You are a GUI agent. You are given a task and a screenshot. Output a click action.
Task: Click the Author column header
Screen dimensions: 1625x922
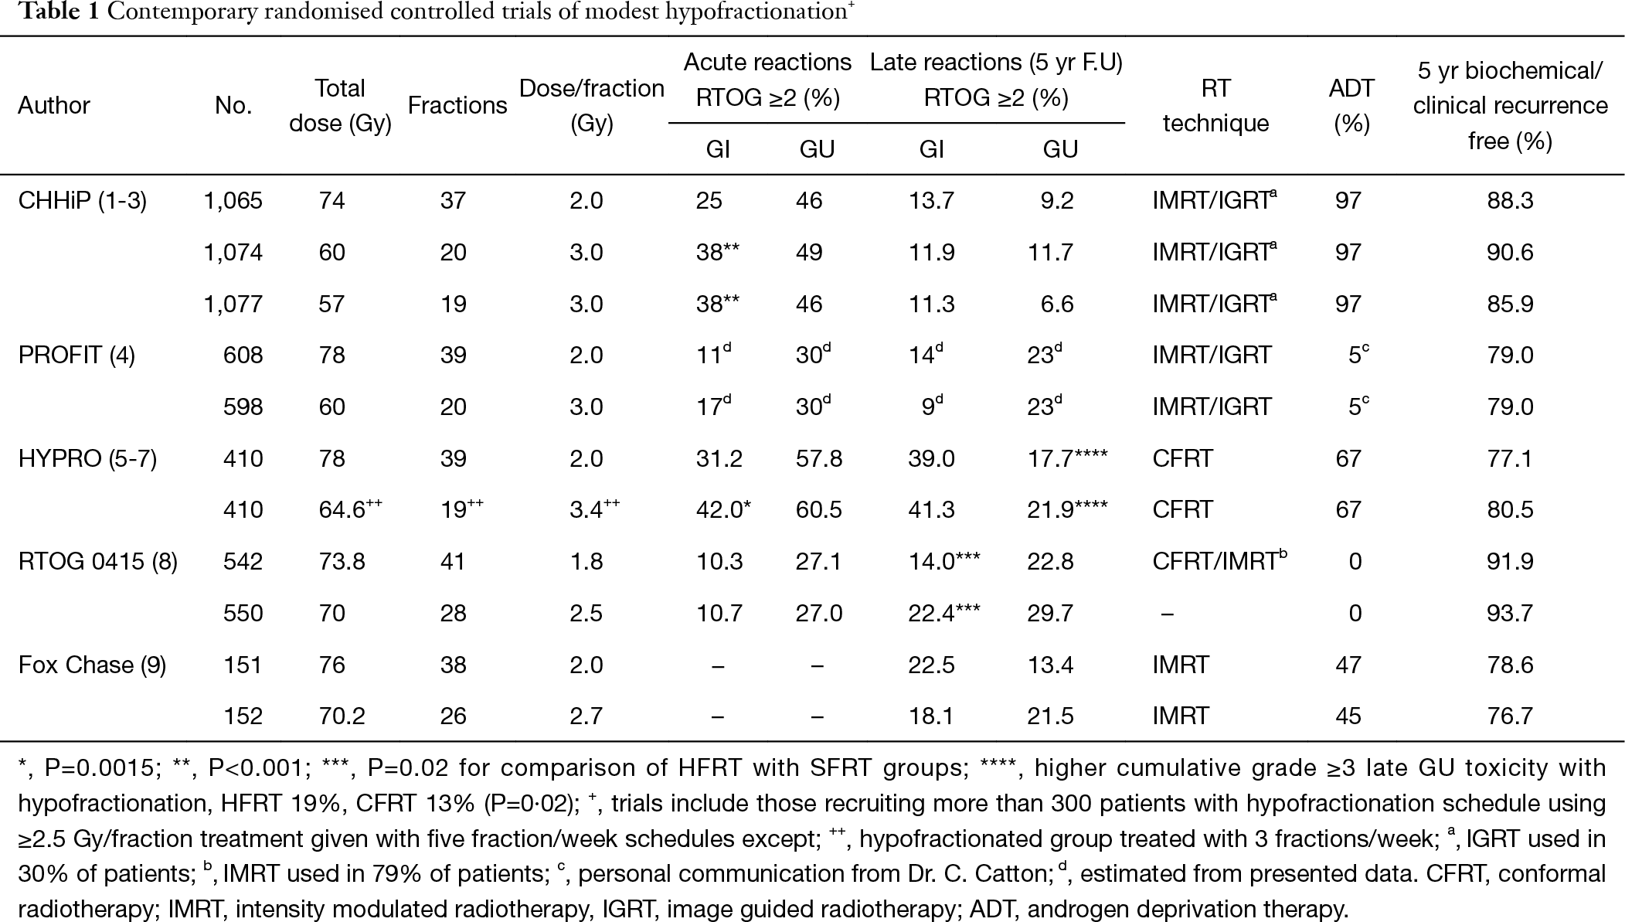(54, 105)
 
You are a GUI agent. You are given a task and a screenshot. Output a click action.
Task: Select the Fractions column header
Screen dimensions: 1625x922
(457, 105)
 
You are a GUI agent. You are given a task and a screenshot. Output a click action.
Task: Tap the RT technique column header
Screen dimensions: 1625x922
(1215, 106)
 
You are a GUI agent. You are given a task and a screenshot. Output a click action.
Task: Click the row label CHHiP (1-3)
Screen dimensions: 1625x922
(83, 201)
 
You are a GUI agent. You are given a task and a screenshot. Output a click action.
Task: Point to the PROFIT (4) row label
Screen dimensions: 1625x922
(76, 356)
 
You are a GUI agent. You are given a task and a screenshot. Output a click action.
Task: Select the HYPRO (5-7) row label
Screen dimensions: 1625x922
(87, 459)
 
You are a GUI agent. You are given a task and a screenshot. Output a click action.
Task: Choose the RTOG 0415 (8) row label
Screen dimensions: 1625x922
(98, 562)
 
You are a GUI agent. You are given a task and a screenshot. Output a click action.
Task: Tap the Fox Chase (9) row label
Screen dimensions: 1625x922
(93, 665)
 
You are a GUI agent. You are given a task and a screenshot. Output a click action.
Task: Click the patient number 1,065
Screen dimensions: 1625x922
(233, 201)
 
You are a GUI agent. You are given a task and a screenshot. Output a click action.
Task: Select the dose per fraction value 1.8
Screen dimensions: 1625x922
(586, 562)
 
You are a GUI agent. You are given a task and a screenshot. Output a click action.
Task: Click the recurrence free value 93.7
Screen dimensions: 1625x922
(1510, 614)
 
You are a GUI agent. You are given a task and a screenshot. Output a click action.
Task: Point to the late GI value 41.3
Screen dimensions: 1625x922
(931, 510)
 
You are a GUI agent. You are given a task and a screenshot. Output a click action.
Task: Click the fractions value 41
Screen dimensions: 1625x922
(453, 562)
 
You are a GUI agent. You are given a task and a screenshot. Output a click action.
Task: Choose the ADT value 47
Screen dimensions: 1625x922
(1348, 665)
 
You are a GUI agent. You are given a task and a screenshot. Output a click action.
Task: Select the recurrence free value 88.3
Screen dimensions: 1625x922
(1510, 201)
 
